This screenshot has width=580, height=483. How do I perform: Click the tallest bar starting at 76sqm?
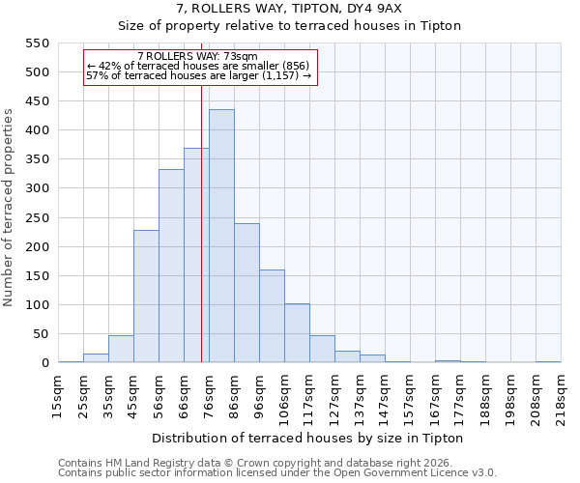click(221, 237)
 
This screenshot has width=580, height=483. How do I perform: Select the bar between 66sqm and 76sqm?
click(196, 256)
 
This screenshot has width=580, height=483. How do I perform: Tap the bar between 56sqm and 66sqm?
click(171, 267)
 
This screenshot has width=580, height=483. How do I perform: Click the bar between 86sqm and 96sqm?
click(246, 294)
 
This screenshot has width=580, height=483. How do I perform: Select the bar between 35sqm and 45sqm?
click(121, 350)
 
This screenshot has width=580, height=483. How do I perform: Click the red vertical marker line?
click(201, 222)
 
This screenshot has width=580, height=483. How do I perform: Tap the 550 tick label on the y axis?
click(37, 43)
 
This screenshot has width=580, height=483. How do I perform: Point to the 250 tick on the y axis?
click(37, 218)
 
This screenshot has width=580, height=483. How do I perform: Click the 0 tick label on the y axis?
click(44, 363)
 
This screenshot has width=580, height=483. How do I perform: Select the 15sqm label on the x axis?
click(58, 395)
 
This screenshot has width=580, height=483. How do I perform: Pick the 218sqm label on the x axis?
click(561, 395)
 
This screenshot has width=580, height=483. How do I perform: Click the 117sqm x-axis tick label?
click(309, 395)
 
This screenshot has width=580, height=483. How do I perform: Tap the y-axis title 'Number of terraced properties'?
click(10, 208)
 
